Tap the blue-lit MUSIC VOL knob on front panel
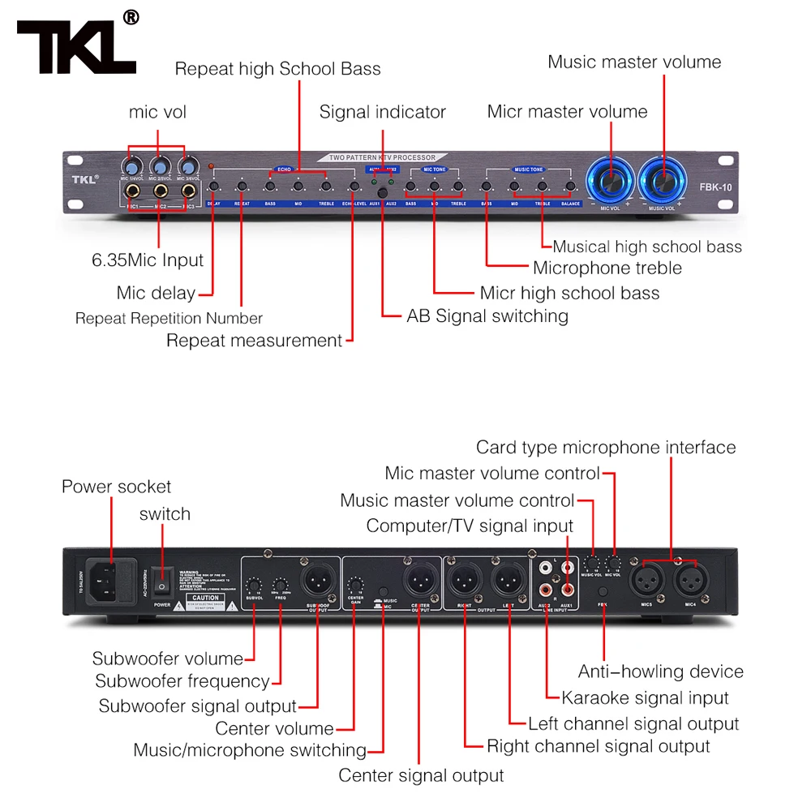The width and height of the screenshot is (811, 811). coord(663,182)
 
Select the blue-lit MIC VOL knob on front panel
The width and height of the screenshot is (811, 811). coord(609,182)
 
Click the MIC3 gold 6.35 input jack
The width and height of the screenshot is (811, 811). coord(188,192)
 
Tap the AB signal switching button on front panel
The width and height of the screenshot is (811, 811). coord(380,189)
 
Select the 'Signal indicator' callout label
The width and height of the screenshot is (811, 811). coord(382,112)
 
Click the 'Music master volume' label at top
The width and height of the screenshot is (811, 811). coord(634,62)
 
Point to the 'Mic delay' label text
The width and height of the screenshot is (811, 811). coord(156,293)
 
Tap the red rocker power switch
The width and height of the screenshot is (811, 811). coord(162,584)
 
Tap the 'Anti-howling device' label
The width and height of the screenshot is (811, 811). coord(660,672)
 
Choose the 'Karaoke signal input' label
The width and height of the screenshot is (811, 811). coord(646,697)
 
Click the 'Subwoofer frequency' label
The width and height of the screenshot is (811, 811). coord(182,681)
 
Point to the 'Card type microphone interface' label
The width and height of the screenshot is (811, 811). coord(606,447)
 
